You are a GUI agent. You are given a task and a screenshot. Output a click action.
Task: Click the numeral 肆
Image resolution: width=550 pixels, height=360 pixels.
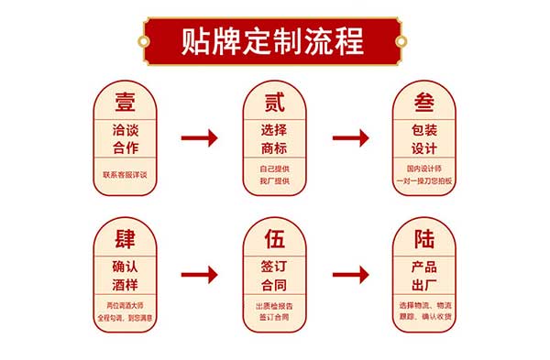pos(125,240)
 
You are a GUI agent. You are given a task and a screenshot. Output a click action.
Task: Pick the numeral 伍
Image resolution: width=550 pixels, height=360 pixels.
pos(275,240)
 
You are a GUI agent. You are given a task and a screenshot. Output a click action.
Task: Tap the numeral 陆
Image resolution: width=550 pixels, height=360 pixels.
pos(424,240)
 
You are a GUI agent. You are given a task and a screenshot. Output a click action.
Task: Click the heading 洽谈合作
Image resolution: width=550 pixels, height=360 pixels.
pos(125,138)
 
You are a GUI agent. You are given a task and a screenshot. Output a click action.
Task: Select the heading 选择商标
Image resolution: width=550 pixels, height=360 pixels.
pos(275,138)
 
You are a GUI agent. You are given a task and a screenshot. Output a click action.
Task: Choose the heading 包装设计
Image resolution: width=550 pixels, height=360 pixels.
pos(424,138)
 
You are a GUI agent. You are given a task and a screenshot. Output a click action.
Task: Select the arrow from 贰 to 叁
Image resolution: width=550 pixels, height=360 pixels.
pos(350,138)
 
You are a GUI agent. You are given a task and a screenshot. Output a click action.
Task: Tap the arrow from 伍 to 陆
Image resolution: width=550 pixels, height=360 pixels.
pos(350,274)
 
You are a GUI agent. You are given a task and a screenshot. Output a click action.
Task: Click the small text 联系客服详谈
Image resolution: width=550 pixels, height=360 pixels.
pos(125,174)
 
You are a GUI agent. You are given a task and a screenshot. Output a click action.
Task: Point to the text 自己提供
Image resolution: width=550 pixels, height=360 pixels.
pos(275,169)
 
